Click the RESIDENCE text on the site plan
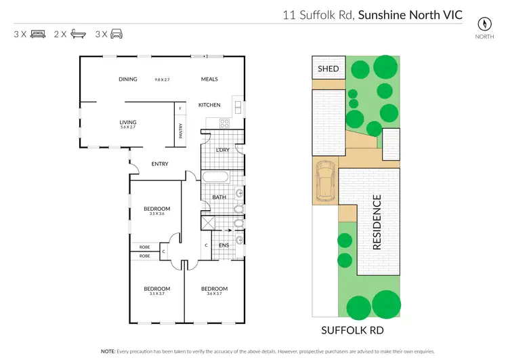377,222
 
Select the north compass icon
484,22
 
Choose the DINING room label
128,79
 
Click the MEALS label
209,79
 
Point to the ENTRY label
160,163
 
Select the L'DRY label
222,150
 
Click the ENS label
224,245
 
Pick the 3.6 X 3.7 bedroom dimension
214,294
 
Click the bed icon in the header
38,33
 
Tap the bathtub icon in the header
79,33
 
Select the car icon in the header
118,33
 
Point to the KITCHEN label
209,105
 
